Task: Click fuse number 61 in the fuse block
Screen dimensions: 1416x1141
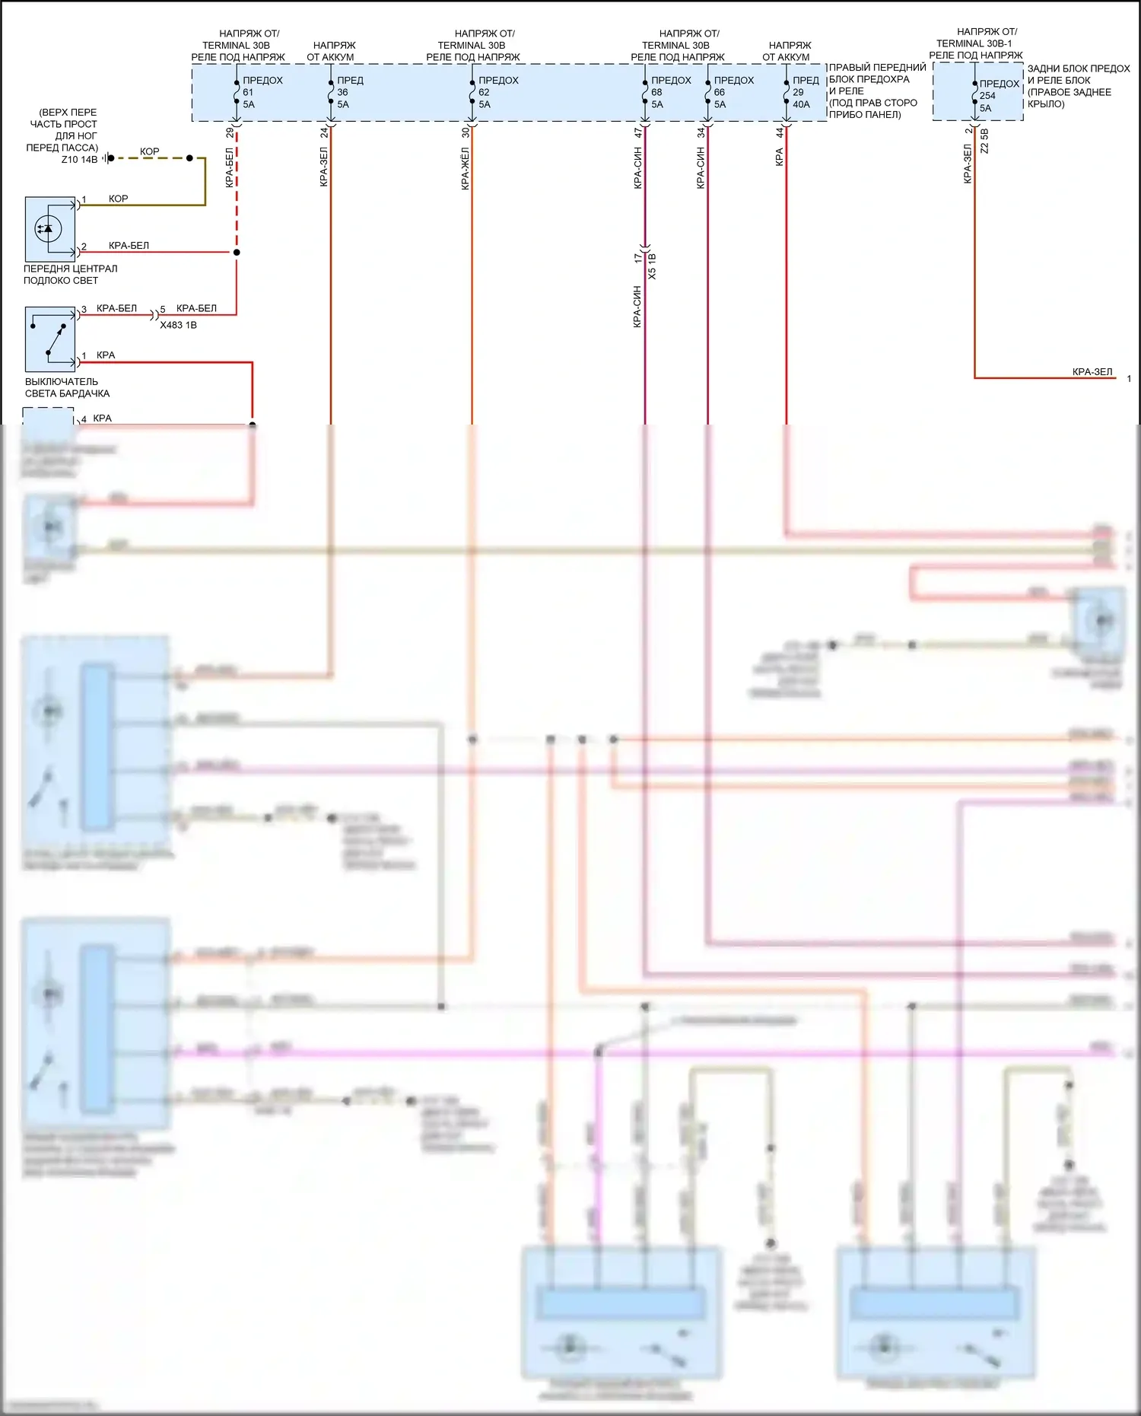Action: (248, 92)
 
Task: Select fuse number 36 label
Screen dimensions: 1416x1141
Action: (342, 92)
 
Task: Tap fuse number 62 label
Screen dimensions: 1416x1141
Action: (484, 92)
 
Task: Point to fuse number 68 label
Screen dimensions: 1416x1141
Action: (656, 92)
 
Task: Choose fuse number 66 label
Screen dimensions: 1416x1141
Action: (720, 92)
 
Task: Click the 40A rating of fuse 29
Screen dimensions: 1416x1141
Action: (802, 104)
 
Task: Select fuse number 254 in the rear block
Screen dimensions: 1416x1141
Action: (987, 96)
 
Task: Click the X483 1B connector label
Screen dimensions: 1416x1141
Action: (178, 325)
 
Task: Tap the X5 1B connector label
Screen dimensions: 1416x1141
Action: (652, 266)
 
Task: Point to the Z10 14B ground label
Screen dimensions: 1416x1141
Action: (79, 160)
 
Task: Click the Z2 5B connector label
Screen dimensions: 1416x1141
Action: (984, 142)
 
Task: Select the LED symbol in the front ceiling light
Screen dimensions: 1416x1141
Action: (48, 228)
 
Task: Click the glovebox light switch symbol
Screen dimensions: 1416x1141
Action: (51, 339)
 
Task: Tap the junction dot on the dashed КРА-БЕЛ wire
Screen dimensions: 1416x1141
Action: (237, 252)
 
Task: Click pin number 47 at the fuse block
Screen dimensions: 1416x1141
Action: (638, 132)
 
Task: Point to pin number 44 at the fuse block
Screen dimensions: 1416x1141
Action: (780, 132)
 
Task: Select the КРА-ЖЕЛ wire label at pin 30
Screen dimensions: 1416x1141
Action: (465, 169)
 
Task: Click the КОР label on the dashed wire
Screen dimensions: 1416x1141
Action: (150, 151)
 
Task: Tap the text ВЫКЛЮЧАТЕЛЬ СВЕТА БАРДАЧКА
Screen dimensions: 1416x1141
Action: (67, 387)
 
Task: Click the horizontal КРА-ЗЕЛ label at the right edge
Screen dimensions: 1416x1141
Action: (1092, 372)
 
